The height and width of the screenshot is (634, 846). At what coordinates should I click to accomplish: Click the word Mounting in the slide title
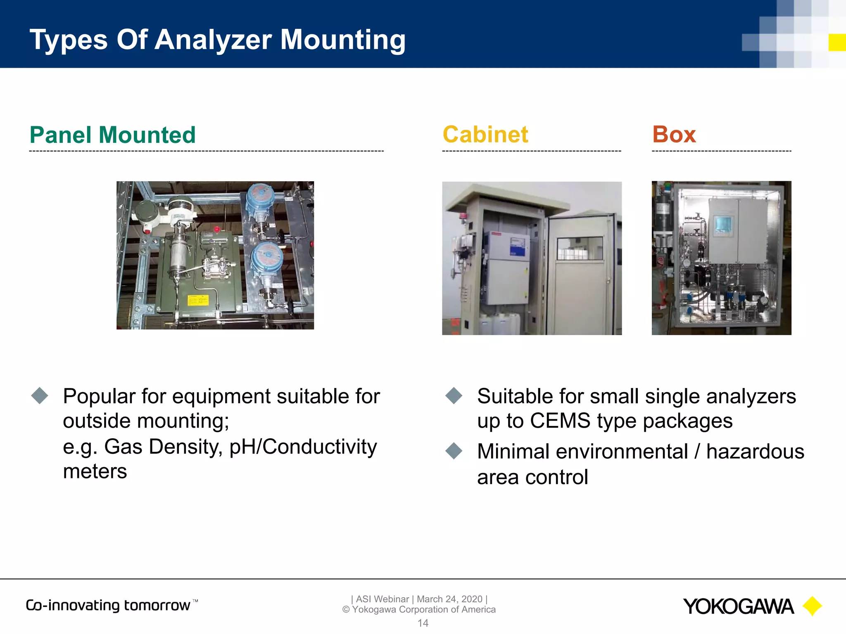[x=343, y=40]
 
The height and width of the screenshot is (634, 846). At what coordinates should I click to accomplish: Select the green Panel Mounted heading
[x=112, y=135]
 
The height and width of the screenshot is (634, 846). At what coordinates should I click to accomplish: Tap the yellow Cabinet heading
[x=485, y=135]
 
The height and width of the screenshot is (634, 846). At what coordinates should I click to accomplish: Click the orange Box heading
[x=674, y=135]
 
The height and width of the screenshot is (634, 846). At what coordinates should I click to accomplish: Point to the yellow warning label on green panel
[x=198, y=300]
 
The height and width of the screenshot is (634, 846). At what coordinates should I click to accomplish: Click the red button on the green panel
[x=216, y=229]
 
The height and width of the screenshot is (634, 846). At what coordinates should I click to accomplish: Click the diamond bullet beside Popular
[x=40, y=395]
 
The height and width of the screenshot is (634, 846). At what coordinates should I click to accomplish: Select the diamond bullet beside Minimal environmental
[x=454, y=451]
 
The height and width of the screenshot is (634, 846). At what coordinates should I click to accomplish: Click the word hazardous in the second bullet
[x=755, y=451]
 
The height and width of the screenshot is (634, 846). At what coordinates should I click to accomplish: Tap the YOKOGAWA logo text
[x=738, y=607]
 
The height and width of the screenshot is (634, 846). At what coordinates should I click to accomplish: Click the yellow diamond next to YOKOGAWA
[x=812, y=606]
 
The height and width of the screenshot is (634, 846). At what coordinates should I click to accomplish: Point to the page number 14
[x=423, y=623]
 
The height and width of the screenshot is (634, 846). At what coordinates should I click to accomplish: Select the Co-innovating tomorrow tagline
[x=108, y=606]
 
